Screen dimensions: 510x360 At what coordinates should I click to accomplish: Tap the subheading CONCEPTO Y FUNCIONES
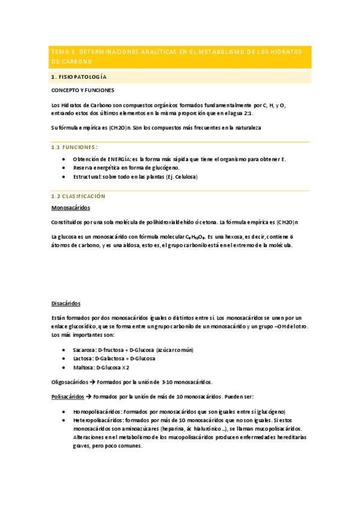pyautogui.click(x=82, y=90)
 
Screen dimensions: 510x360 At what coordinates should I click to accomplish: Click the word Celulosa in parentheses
pyautogui.click(x=182, y=177)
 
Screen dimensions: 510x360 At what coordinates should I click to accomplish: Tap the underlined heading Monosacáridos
pyautogui.click(x=71, y=207)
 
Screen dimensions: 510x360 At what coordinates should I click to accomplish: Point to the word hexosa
pyautogui.click(x=248, y=237)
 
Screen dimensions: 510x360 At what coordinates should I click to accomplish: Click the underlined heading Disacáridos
pyautogui.click(x=66, y=304)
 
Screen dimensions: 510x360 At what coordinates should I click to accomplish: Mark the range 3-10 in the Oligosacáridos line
pyautogui.click(x=169, y=382)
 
